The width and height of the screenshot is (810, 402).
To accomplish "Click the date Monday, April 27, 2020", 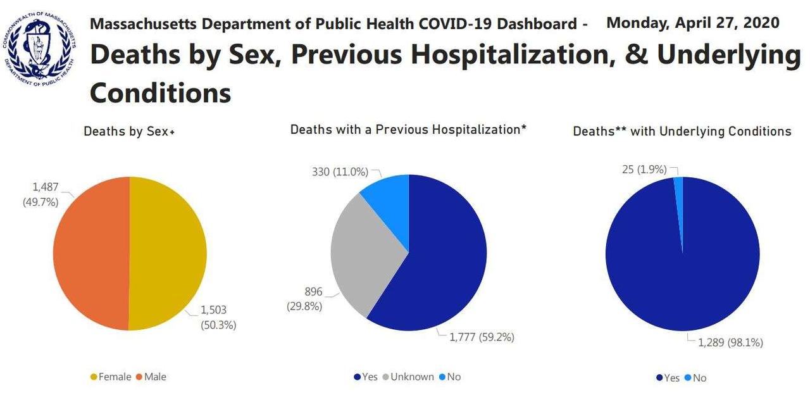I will [693, 23].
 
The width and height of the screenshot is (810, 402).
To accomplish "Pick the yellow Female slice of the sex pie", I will [168, 253].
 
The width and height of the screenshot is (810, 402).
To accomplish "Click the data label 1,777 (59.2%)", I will [482, 337].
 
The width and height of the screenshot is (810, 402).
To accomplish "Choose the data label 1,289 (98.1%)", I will [730, 342].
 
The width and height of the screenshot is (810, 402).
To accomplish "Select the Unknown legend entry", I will [411, 377].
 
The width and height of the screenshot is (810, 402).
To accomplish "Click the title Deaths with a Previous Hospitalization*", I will [409, 130].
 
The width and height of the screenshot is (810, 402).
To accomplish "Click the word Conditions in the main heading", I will [160, 93].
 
